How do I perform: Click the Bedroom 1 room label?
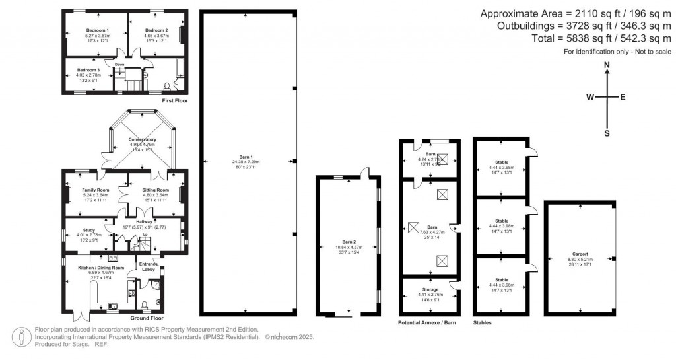pos(97,30)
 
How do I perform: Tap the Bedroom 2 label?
pos(156,30)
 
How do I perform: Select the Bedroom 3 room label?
pos(88,69)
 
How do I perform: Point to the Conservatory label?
pos(142,140)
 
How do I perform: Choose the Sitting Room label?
pos(156,190)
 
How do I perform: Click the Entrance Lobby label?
pos(148,267)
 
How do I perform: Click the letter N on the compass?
pos(607,65)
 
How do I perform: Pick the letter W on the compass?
pos(590,97)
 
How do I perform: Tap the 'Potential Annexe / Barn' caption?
pos(428,323)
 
